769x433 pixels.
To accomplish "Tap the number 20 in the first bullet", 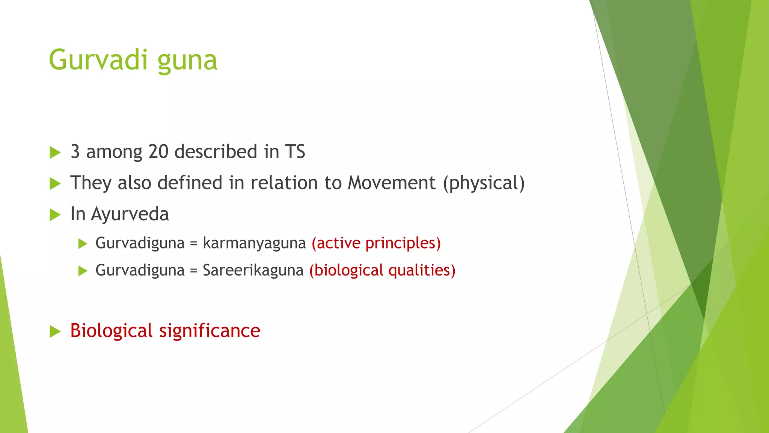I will click(158, 152).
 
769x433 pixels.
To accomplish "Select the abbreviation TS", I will click(295, 152).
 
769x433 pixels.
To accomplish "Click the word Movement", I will click(392, 183).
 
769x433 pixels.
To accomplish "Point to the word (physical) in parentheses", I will click(484, 184).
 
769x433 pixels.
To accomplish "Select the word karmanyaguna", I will click(254, 244).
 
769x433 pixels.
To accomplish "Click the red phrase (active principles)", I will click(376, 243).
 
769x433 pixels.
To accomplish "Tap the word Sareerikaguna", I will click(253, 271).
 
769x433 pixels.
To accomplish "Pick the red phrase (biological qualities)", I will click(382, 271).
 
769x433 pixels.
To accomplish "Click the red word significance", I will click(210, 331).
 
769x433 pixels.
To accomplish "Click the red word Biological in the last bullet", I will click(111, 331).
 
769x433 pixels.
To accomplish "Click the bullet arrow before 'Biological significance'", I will click(55, 332).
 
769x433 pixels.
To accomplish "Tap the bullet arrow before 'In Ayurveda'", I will click(55, 215).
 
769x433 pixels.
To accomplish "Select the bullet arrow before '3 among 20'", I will click(55, 153).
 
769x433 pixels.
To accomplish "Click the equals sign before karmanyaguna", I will click(193, 244).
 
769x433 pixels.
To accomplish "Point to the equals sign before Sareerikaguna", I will click(193, 271).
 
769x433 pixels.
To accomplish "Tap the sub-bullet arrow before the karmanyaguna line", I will click(83, 244).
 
